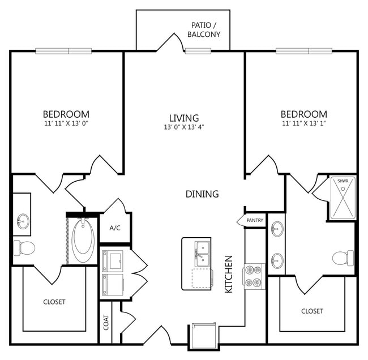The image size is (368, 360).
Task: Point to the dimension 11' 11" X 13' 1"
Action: pos(304,123)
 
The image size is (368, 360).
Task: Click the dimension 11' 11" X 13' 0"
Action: pos(67,123)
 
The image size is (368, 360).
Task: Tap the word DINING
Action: pos(202,194)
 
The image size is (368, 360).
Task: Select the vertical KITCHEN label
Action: pos(229,273)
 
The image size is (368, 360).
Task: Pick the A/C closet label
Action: pos(115,228)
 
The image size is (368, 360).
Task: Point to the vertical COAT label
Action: pos(105,323)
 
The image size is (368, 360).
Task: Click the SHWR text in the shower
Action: pos(343,181)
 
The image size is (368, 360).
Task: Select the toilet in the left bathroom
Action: pos(25,247)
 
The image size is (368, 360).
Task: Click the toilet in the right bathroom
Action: pos(343,258)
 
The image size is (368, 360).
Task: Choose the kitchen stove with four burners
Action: pos(254,276)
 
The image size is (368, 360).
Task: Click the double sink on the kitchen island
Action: pos(203,252)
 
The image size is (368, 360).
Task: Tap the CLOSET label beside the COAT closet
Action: pos(54,302)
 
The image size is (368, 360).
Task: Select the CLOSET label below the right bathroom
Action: pos(312,311)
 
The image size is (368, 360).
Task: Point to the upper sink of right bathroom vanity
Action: pos(276,229)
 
